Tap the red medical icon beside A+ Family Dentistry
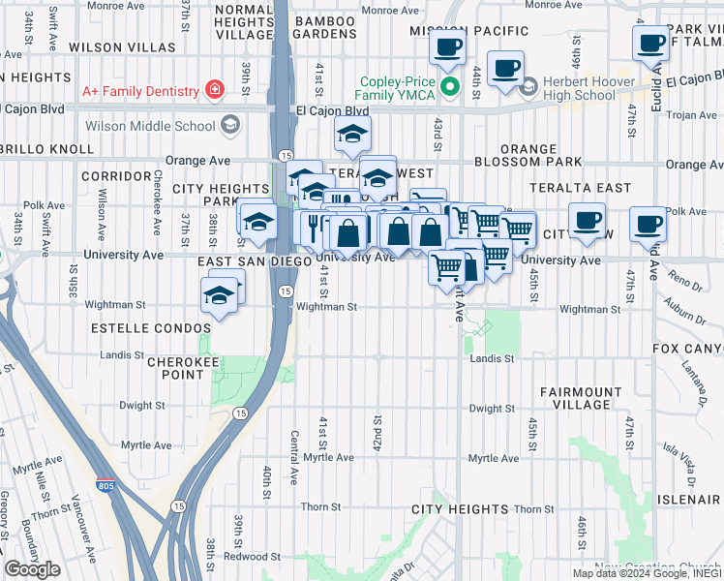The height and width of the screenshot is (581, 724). [213, 91]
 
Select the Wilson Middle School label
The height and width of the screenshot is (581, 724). [150, 126]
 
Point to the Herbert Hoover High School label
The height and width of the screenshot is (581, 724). [578, 88]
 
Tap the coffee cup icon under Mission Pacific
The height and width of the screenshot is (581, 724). [447, 46]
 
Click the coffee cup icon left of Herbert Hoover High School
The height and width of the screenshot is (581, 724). [505, 69]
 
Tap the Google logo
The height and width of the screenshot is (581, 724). [32, 569]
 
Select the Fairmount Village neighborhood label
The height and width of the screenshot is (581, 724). [581, 398]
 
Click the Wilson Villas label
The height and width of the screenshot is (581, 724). [108, 47]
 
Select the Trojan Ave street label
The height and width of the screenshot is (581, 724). [692, 115]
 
